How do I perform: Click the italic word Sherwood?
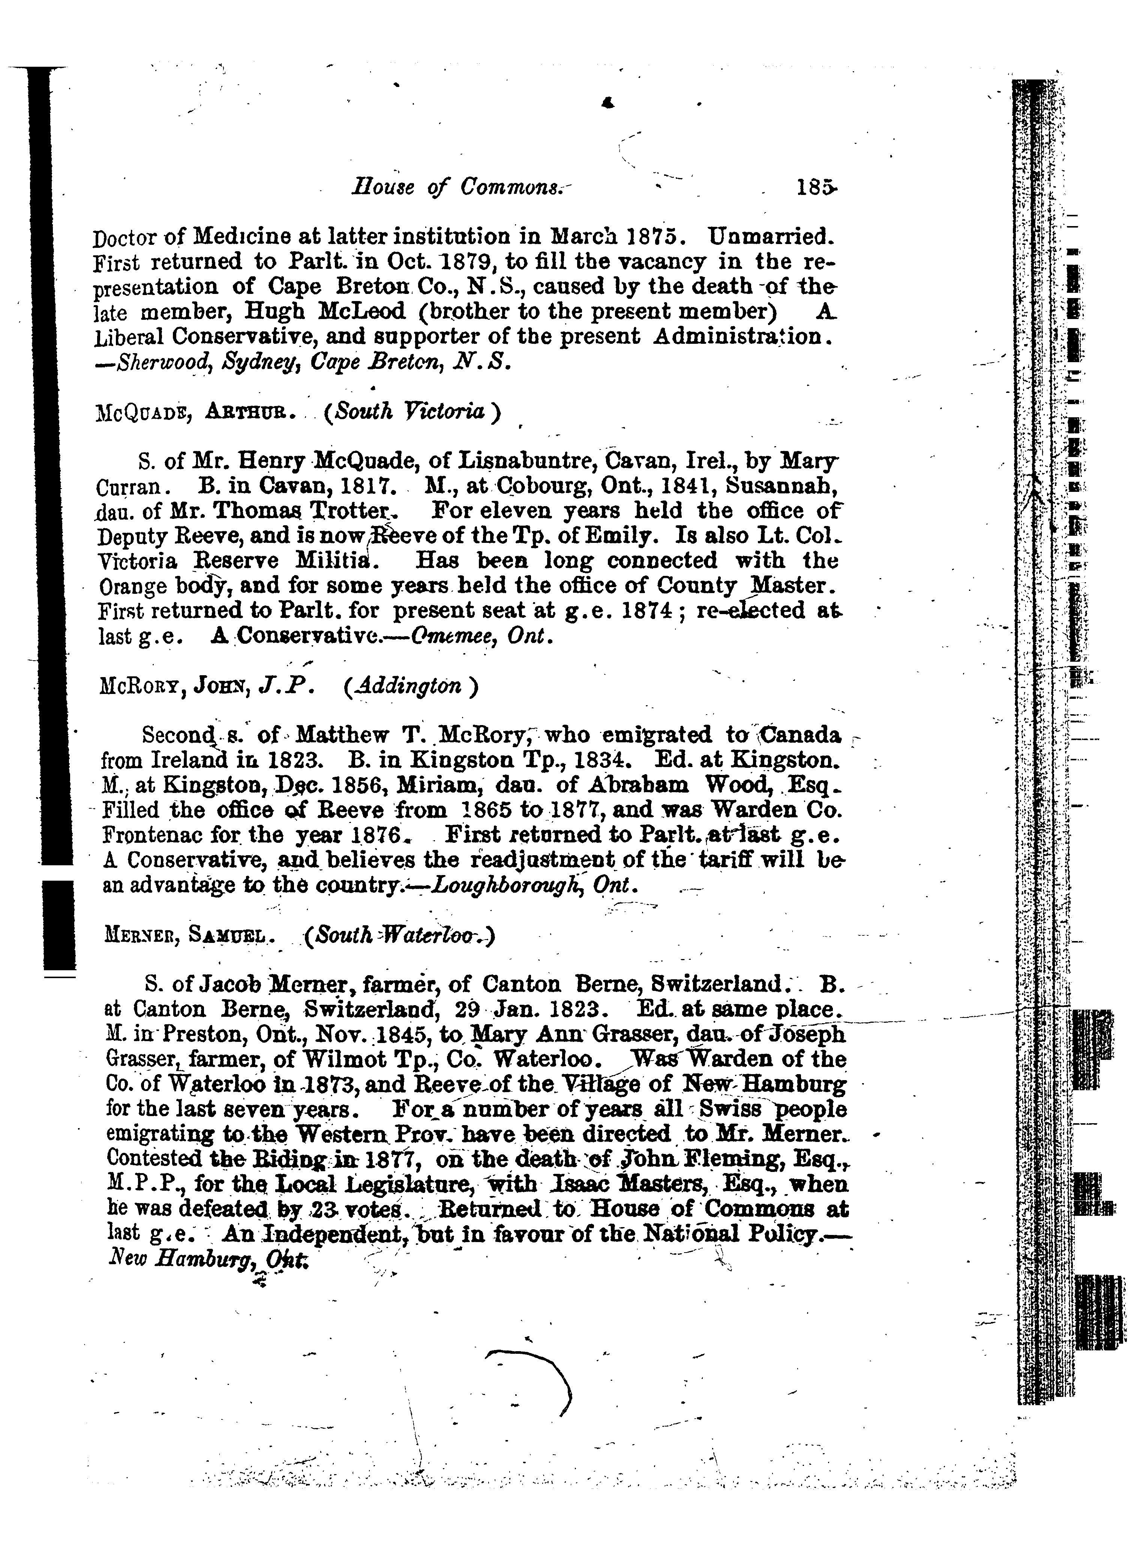coord(161,363)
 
